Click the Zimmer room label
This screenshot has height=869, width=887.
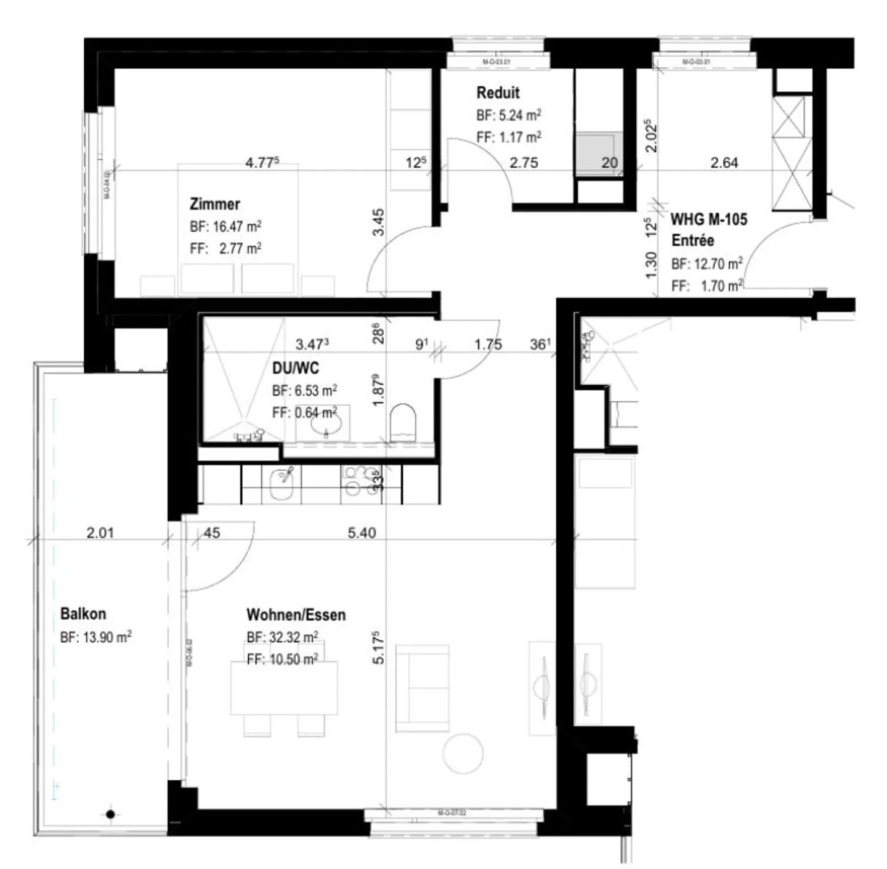214,204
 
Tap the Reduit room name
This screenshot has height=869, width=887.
498,93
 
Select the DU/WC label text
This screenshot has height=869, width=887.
296,369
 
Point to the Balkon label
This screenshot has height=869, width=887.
83,614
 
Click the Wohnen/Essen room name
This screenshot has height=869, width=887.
296,614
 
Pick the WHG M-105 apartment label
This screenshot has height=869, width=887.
708,219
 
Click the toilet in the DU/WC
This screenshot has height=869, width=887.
403,422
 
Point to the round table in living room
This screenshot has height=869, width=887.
463,753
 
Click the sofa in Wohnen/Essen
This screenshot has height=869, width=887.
422,688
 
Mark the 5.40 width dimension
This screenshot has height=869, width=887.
362,532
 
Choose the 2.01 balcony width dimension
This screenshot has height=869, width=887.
100,532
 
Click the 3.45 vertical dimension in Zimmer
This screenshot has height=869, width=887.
378,222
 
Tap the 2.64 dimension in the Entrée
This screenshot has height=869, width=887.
724,163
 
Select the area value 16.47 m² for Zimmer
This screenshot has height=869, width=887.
237,227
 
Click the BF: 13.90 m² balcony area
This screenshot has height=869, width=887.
95,637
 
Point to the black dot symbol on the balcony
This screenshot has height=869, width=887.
110,814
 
